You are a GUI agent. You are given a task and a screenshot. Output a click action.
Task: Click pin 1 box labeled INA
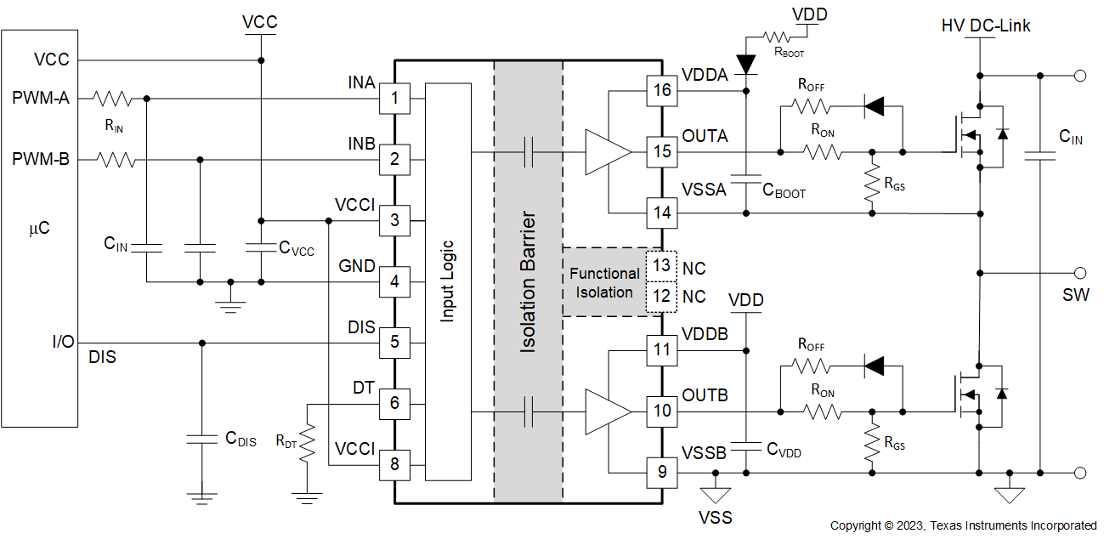[394, 99]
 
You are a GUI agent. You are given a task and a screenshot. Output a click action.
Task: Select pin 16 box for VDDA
[662, 90]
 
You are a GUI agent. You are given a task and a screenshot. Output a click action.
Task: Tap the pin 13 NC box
[662, 266]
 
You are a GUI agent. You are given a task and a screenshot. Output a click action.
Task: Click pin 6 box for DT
[394, 403]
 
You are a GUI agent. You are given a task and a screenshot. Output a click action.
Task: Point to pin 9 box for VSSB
[662, 471]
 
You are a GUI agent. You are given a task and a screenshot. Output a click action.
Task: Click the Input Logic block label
[447, 281]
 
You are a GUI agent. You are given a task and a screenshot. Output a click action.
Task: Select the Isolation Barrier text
[528, 281]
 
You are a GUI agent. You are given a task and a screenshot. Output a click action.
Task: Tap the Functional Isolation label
[604, 283]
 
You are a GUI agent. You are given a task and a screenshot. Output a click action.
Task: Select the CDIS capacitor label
[241, 440]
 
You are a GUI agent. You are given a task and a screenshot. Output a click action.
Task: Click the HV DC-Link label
[986, 26]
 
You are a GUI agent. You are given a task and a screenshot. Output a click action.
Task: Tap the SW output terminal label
[1075, 295]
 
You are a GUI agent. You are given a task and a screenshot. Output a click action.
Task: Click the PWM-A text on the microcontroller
[40, 98]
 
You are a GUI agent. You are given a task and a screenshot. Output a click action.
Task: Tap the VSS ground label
[715, 517]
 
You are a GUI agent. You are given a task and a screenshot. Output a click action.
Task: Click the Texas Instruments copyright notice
[963, 525]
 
